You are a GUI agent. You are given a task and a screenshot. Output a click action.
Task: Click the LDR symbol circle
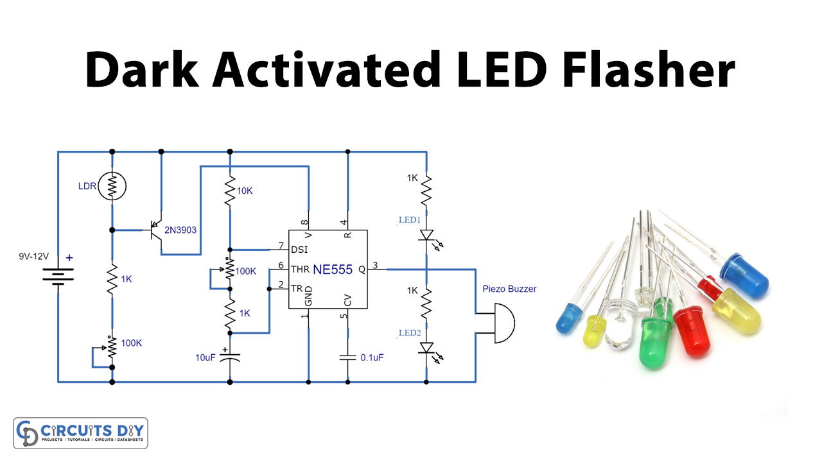[x=112, y=186]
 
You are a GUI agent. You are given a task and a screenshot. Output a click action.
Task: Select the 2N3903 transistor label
[x=180, y=230]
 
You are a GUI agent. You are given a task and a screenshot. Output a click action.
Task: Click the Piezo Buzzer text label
[x=509, y=289]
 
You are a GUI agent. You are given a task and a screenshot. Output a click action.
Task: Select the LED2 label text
[x=409, y=333]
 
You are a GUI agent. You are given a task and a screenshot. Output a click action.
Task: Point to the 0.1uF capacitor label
[x=372, y=357]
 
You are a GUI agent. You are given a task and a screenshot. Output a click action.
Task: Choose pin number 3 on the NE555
[x=376, y=265]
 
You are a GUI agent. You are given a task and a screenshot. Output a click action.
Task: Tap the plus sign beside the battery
[x=69, y=258]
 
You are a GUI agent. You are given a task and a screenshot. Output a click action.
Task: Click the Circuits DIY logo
[x=80, y=433]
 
